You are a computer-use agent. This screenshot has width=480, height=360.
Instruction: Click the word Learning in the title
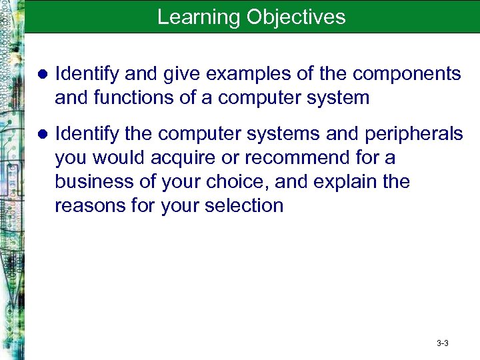pyautogui.click(x=199, y=17)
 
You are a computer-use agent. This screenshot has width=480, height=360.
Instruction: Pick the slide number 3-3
pyautogui.click(x=442, y=343)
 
